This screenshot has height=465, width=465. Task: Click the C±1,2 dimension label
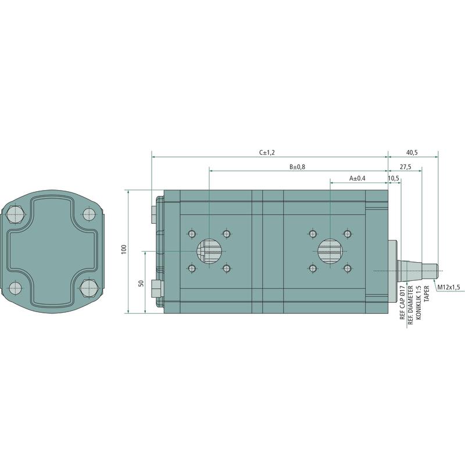pos(267,152)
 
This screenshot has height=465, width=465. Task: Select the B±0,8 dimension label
pos(297,167)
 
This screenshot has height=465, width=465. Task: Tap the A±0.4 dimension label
pos(357,178)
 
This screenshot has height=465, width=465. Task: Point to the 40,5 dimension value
pos(412,152)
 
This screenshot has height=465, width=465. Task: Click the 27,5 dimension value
pos(405,167)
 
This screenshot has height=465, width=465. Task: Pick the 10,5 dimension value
pos(394,178)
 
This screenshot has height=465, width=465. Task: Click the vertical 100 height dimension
pos(124,249)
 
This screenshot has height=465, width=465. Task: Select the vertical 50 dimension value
pos(141,283)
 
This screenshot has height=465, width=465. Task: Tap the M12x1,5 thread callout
pos(449,287)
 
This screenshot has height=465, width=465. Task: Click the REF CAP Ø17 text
pos(402,302)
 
